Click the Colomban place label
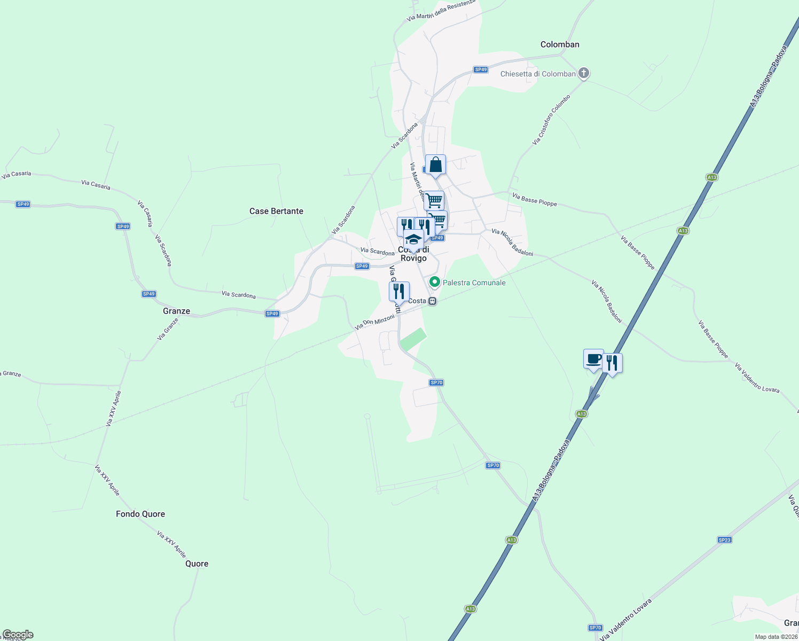pos(560,44)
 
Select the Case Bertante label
pos(276,211)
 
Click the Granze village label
pos(176,311)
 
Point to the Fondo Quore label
pos(140,514)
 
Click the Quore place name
pos(197,564)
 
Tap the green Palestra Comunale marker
pos(435,282)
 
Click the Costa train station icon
pos(433,301)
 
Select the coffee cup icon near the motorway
pos(593,359)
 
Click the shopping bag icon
pos(435,165)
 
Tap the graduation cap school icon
pos(413,240)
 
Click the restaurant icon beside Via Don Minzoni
pos(399,292)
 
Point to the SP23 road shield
pos(724,540)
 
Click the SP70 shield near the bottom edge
pos(596,628)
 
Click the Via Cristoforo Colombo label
pos(551,120)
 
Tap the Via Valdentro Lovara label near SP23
pos(626,620)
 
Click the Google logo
pos(18,635)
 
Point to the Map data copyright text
pos(776,637)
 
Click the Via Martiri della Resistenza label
pos(441,10)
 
